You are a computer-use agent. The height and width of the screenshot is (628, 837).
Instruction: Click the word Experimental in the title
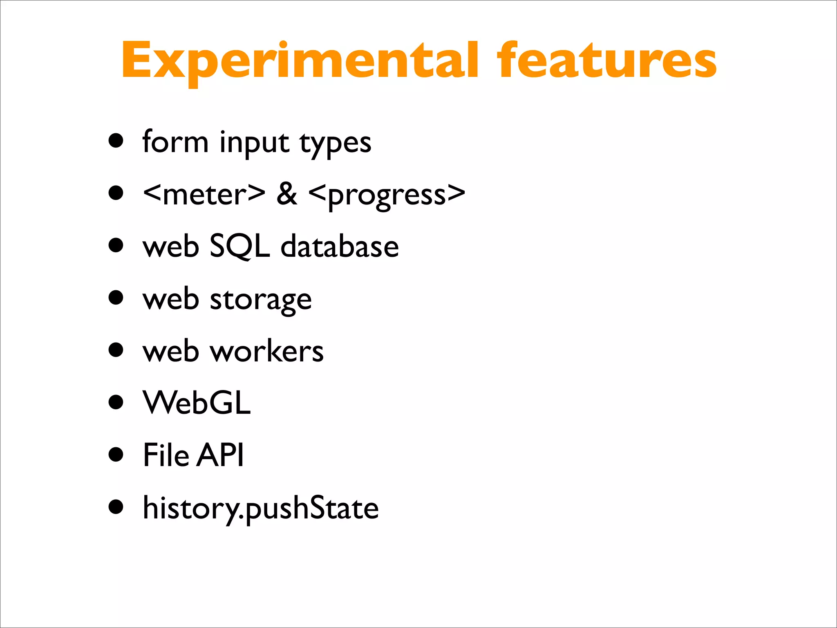(x=299, y=61)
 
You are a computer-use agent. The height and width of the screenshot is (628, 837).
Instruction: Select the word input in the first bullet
(x=254, y=143)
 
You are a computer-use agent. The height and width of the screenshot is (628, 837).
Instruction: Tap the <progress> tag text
(x=387, y=195)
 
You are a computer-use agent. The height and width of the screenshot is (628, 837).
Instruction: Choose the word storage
(x=261, y=300)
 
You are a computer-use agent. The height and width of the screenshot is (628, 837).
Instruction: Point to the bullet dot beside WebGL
(x=116, y=401)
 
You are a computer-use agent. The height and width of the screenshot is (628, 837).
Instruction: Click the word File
(x=166, y=455)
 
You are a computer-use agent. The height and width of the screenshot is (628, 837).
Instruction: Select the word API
(x=220, y=455)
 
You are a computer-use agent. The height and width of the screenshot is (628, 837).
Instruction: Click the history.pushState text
(x=261, y=508)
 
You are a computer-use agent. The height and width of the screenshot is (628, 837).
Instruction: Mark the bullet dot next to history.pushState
(x=116, y=507)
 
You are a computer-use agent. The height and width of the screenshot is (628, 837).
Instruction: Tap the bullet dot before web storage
(x=116, y=297)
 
